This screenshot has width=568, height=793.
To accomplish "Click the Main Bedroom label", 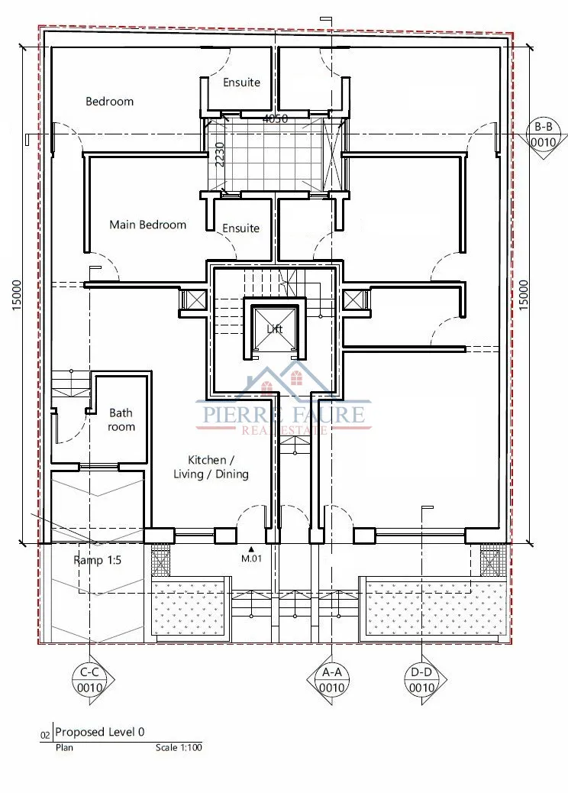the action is pos(147,225).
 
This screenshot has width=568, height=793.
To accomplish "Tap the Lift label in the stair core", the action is pos(274,329).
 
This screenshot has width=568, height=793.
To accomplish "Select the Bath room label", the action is pos(121,419).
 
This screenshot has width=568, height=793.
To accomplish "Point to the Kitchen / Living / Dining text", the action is pos(211,467).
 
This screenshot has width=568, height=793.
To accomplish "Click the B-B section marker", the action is pos(543,134).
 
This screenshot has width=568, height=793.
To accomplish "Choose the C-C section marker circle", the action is pos(90,680).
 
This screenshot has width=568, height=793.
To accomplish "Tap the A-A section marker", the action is pos(331,680).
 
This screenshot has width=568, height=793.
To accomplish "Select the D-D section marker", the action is pos(421,680).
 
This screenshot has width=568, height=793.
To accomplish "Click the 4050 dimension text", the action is pos(276,119).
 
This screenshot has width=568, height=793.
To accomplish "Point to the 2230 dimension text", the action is pos(219,154).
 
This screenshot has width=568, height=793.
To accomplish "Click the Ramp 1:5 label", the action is pos(97,560).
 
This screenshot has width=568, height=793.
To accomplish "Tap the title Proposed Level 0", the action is pos(99,732).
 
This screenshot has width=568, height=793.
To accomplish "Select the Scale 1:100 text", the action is pos(179,747).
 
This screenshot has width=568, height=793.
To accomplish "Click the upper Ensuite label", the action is pos(241,83).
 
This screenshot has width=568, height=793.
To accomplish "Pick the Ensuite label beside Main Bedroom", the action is pos(240,228).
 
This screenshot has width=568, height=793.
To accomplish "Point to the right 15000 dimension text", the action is pos(523,296).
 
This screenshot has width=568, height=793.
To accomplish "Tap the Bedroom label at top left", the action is pos(110,101).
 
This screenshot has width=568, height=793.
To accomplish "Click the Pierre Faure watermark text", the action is pos(283,414).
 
